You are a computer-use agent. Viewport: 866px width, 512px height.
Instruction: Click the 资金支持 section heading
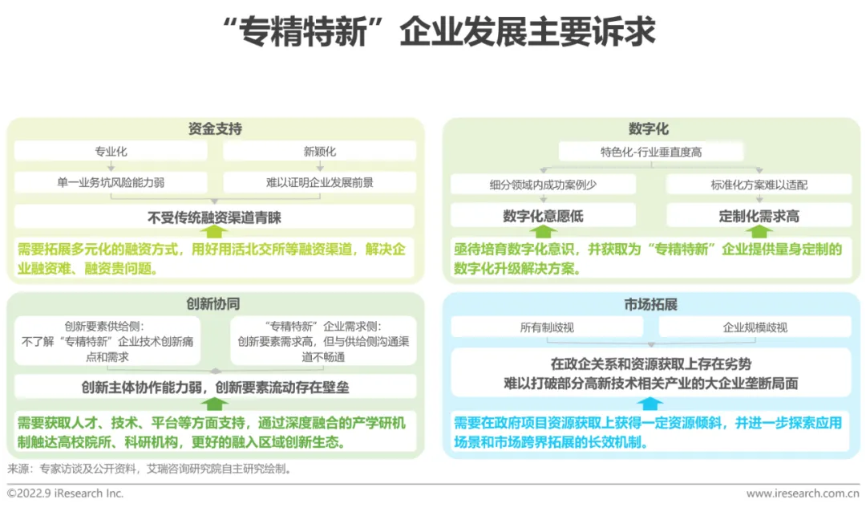click(214, 129)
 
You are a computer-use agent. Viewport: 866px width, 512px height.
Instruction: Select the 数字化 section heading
click(648, 129)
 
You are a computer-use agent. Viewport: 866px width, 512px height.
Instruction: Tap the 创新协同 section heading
click(214, 304)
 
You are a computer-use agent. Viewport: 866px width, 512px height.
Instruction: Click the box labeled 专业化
click(111, 151)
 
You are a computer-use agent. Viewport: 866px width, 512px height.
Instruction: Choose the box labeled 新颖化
click(319, 151)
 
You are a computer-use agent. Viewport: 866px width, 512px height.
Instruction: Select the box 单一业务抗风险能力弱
click(111, 182)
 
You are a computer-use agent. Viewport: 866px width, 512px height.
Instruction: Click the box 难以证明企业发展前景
click(319, 182)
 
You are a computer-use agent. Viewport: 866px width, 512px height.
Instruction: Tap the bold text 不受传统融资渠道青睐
click(214, 217)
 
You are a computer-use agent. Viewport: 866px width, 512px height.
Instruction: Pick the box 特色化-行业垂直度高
click(650, 152)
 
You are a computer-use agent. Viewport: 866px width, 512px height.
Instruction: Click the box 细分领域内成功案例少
click(543, 185)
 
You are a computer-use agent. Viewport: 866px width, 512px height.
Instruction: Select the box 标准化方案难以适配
click(759, 185)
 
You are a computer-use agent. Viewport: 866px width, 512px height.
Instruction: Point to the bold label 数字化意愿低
click(543, 216)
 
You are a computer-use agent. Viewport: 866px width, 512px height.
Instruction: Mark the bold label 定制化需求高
click(759, 216)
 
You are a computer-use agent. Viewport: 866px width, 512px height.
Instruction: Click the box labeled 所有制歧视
click(547, 327)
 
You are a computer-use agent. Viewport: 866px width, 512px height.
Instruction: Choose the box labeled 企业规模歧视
click(755, 327)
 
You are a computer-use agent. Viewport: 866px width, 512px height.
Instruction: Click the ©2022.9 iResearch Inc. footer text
click(66, 494)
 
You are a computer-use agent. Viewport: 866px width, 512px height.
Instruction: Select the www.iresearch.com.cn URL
click(803, 494)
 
